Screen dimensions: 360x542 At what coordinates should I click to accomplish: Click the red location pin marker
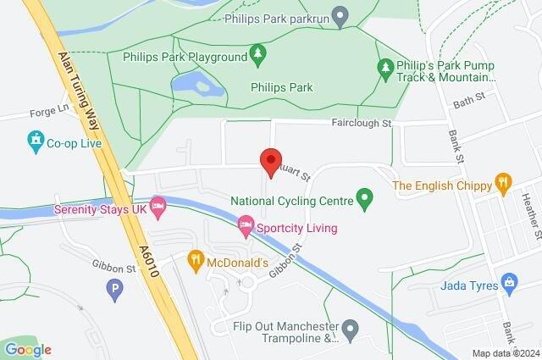click(x=270, y=161)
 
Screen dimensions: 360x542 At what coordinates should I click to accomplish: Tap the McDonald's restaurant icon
click(x=196, y=258)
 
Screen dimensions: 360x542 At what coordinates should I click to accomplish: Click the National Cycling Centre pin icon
click(x=365, y=201)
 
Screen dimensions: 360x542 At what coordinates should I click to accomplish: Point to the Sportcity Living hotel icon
click(x=246, y=227)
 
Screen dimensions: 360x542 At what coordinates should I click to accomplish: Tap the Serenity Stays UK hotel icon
click(x=157, y=207)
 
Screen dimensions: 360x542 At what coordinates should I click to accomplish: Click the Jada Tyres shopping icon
click(x=509, y=281)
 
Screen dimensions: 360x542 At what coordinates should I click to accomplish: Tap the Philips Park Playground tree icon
click(x=259, y=56)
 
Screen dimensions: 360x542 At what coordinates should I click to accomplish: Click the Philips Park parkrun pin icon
click(x=340, y=14)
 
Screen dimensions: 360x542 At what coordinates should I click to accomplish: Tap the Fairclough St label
click(x=361, y=123)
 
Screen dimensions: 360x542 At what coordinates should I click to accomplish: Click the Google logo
click(x=28, y=349)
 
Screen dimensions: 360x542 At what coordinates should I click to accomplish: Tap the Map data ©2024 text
click(x=505, y=353)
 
